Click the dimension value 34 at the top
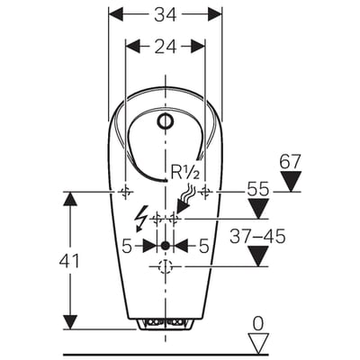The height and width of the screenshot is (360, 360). click(x=166, y=14)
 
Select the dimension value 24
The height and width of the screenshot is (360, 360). click(x=166, y=47)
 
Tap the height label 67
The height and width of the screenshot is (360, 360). click(x=290, y=162)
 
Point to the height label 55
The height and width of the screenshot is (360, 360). click(x=258, y=190)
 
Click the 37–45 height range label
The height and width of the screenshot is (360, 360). click(x=257, y=237)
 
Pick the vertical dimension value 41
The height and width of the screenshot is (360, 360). click(x=69, y=260)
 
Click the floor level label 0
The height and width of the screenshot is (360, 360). click(x=258, y=324)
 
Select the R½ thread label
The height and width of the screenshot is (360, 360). click(x=184, y=172)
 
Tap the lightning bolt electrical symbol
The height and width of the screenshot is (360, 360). click(x=141, y=219)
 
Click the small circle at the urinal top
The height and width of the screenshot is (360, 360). click(x=166, y=121)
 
